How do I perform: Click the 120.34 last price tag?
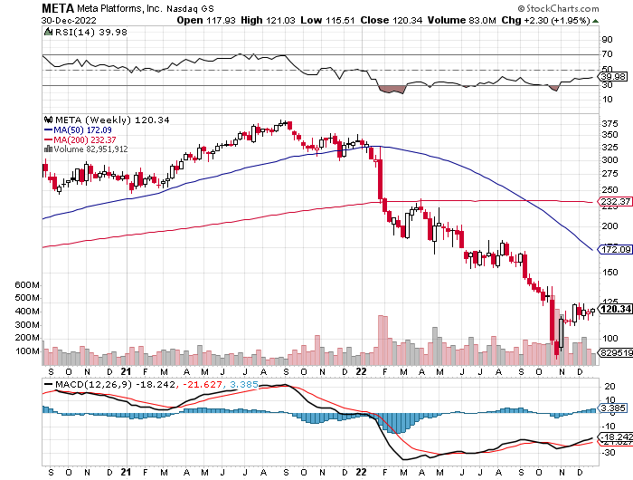click(x=615, y=310)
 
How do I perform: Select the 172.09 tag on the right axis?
click(x=615, y=248)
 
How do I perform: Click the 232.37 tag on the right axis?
click(x=615, y=201)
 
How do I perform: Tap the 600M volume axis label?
click(x=28, y=284)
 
